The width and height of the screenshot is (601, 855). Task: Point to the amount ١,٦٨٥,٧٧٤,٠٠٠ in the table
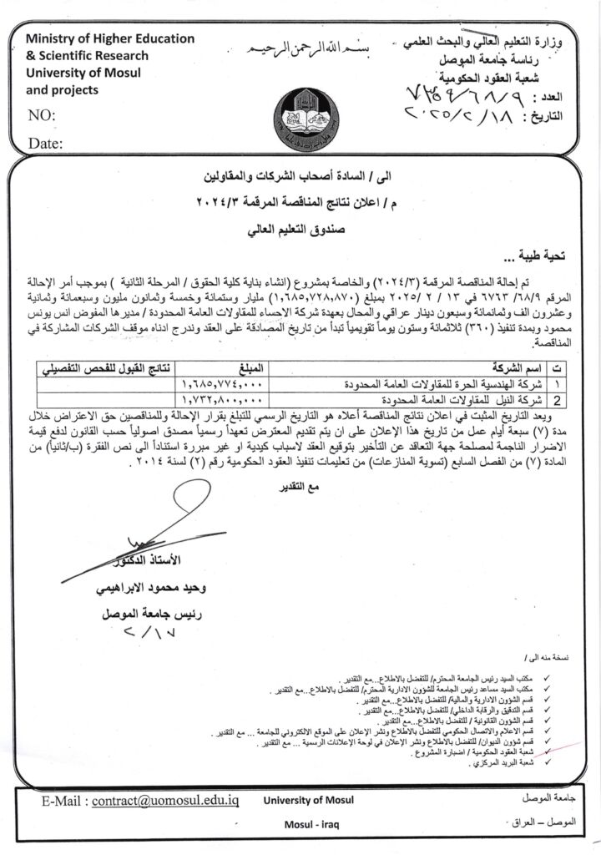220,385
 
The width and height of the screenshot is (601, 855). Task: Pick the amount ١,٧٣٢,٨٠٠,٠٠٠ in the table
220,399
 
